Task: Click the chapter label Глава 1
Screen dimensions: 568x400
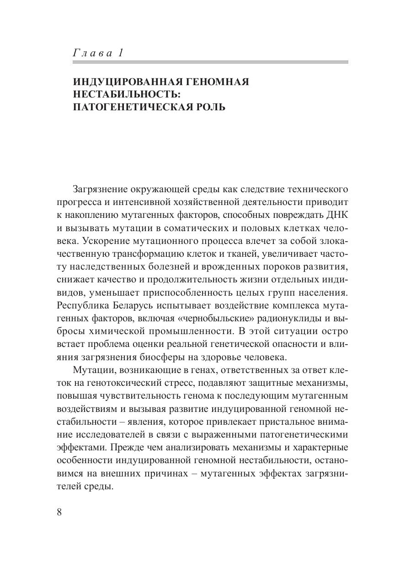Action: tap(98, 53)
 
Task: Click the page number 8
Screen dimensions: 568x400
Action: tap(59, 512)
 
